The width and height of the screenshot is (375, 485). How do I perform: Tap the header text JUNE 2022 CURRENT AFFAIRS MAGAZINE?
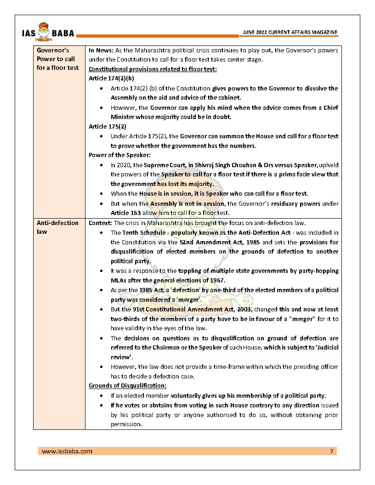(x=290, y=32)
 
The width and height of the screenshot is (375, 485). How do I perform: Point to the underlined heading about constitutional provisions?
(x=153, y=69)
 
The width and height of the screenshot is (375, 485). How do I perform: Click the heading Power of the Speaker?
(x=116, y=155)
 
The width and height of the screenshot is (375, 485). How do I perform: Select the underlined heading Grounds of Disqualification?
(x=127, y=386)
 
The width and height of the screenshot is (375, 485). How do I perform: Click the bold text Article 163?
(x=126, y=213)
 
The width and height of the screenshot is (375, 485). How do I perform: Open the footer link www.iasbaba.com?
(x=67, y=451)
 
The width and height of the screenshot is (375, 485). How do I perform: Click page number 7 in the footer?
(x=332, y=451)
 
